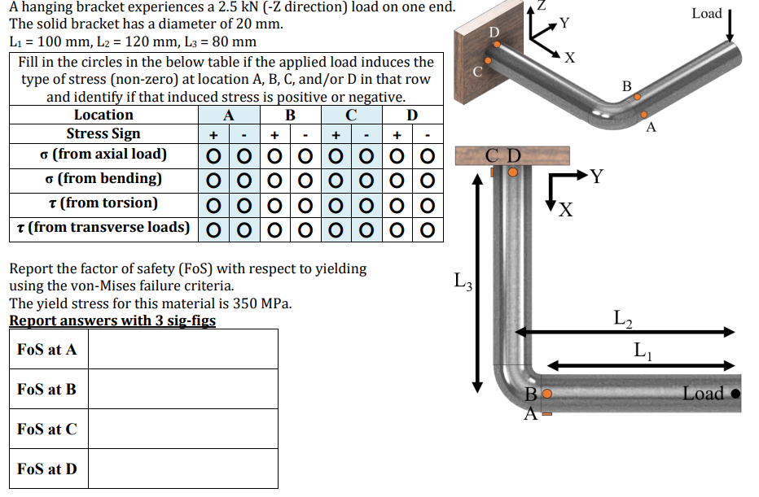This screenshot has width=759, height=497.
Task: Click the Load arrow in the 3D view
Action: (730, 25)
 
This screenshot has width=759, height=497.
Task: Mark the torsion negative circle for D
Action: (428, 204)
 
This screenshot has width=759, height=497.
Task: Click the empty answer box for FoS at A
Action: (182, 349)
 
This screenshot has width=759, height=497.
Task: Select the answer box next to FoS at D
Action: (182, 469)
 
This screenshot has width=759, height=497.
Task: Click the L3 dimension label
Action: (462, 284)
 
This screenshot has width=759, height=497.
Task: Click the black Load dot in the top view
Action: (735, 395)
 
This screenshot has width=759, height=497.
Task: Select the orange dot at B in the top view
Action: (547, 395)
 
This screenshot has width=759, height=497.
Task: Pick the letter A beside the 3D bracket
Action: (650, 128)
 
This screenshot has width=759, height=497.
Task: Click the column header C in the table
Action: (350, 116)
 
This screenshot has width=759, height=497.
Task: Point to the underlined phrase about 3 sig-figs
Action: (112, 320)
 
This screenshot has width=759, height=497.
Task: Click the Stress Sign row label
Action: (103, 134)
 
